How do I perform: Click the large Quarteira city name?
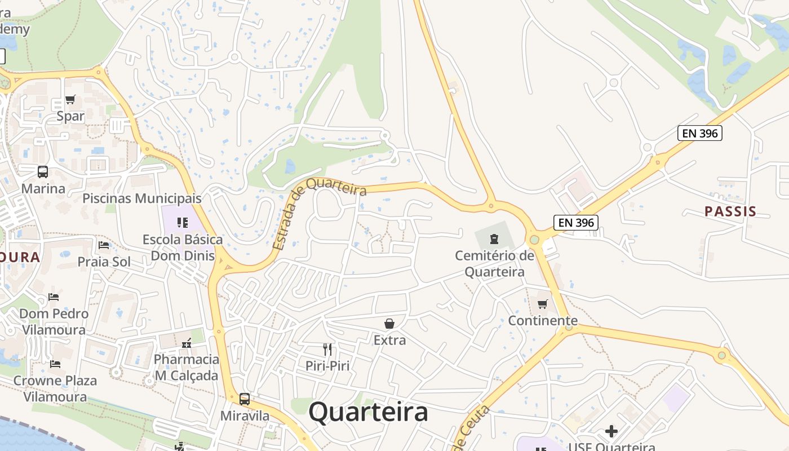(368, 412)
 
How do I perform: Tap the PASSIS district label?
(730, 211)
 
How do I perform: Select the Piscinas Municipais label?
(142, 198)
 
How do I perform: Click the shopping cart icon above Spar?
(70, 100)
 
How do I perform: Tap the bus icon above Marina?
(43, 171)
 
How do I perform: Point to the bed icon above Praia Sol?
(104, 245)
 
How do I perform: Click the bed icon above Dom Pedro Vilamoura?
(54, 297)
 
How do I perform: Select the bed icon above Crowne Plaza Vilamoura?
(55, 364)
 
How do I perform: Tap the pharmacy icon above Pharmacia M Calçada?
(187, 343)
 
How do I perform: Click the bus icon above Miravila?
(245, 399)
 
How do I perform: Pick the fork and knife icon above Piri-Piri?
(327, 349)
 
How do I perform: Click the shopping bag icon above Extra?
(389, 323)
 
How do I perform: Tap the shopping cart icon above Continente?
(543, 304)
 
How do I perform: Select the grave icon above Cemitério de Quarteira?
(494, 239)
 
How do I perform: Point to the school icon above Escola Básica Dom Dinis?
(182, 223)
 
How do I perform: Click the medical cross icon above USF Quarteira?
(611, 432)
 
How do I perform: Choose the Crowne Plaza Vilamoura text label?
(55, 388)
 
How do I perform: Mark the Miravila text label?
(245, 415)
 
